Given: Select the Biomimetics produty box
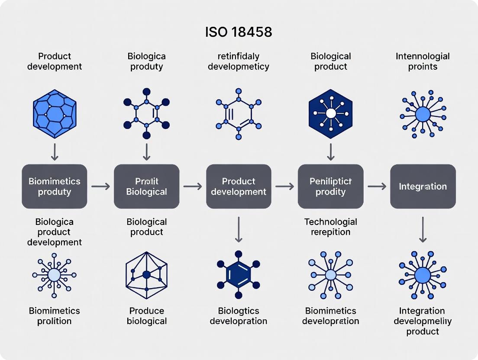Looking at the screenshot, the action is tap(55, 186).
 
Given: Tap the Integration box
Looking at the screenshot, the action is tap(423, 186).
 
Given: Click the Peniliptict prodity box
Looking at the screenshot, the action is tap(330, 186).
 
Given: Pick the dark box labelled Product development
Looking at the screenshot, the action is tap(239, 186).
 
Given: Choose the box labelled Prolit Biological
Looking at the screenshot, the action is tap(146, 186).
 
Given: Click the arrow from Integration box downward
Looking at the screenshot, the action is tap(423, 230).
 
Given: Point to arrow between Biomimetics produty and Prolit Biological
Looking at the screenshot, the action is tap(100, 186).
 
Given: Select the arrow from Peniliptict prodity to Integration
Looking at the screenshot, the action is tap(377, 186).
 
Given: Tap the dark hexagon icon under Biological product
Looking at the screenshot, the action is tap(330, 113).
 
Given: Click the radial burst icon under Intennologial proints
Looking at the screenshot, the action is tap(423, 114).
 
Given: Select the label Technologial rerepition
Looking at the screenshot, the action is tap(330, 227).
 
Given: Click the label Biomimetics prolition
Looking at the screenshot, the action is tap(55, 316).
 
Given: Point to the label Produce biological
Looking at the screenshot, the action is tap(147, 316).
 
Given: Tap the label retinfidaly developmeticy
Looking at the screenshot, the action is tap(239, 61).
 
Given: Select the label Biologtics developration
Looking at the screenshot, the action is tap(239, 316).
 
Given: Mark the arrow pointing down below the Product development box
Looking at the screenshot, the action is tap(239, 230).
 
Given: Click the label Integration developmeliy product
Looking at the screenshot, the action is tap(423, 321).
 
